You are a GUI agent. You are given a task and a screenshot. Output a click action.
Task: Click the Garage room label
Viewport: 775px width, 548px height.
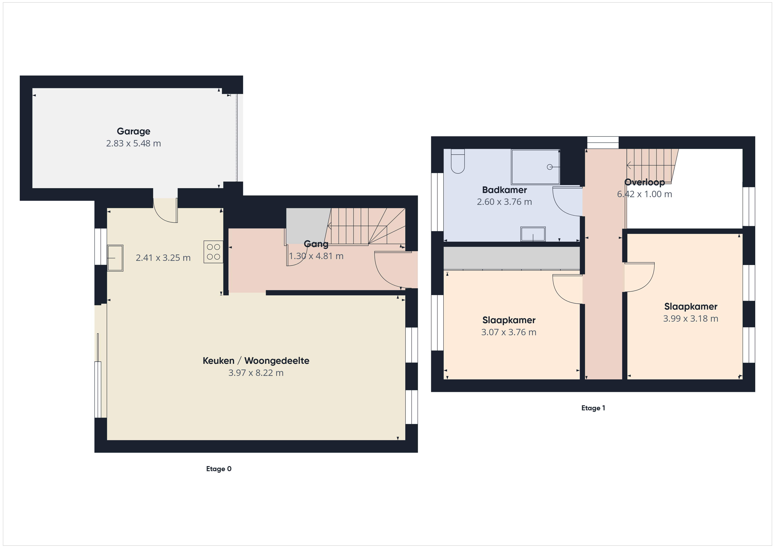[x=133, y=131]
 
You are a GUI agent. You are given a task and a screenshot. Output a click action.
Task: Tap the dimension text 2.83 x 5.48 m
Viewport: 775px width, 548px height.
[x=133, y=143]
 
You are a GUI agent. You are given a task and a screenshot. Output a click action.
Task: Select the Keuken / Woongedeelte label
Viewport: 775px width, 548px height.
[x=256, y=361]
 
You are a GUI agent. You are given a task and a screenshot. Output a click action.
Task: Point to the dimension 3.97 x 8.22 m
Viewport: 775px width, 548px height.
[x=256, y=373]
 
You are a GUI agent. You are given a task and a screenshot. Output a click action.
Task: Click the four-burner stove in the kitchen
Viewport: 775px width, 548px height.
[x=213, y=252]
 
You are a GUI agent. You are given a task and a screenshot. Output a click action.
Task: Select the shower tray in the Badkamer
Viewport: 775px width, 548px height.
[x=535, y=167]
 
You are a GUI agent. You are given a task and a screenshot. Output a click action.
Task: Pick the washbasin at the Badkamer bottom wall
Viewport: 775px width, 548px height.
[x=533, y=234]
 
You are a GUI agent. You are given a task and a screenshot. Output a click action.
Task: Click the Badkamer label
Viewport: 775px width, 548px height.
[x=504, y=190]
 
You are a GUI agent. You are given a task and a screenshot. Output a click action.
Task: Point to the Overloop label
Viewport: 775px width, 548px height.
[x=644, y=182]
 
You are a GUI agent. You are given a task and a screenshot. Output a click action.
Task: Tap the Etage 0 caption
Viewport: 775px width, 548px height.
[x=219, y=469]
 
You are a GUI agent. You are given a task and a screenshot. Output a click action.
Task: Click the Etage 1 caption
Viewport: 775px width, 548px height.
[x=593, y=408]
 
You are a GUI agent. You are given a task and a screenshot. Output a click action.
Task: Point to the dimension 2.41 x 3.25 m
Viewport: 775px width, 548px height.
[x=163, y=258]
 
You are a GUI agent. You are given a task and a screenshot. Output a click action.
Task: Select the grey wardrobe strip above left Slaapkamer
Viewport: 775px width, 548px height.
[x=511, y=258]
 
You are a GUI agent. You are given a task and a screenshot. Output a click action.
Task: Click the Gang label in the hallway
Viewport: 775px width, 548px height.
[x=316, y=244]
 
